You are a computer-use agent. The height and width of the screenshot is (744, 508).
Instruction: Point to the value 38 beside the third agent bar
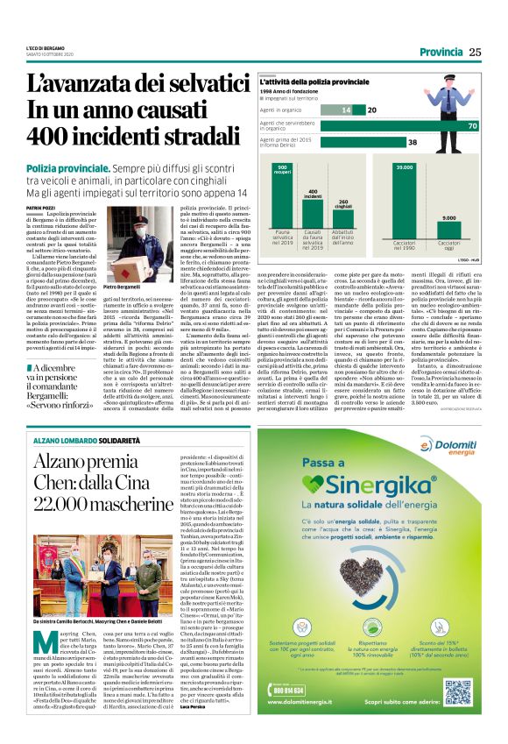click(x=413, y=141)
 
